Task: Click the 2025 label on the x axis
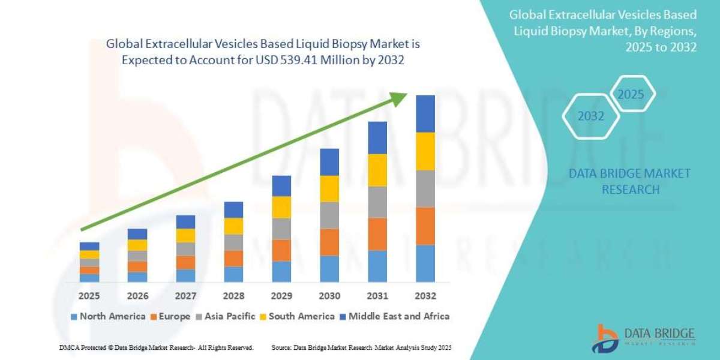pyautogui.click(x=89, y=296)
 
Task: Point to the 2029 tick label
pyautogui.click(x=281, y=296)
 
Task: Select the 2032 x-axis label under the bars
pyautogui.click(x=425, y=296)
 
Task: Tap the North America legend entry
pyautogui.click(x=108, y=316)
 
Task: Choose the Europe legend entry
pyautogui.click(x=171, y=316)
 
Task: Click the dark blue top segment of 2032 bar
pyautogui.click(x=425, y=113)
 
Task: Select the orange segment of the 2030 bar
pyautogui.click(x=329, y=242)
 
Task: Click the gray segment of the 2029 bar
pyautogui.click(x=281, y=229)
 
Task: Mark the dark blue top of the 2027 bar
pyautogui.click(x=185, y=221)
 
